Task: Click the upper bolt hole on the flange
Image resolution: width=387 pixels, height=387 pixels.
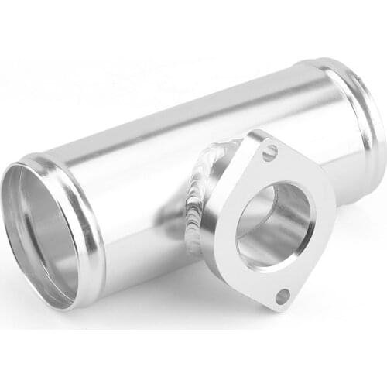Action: [x=269, y=152]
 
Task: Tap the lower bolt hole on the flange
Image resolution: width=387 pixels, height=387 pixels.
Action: [x=283, y=296]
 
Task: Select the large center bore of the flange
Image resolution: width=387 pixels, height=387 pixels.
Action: [x=273, y=224]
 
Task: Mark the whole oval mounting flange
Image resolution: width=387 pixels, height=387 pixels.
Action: [x=271, y=221]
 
